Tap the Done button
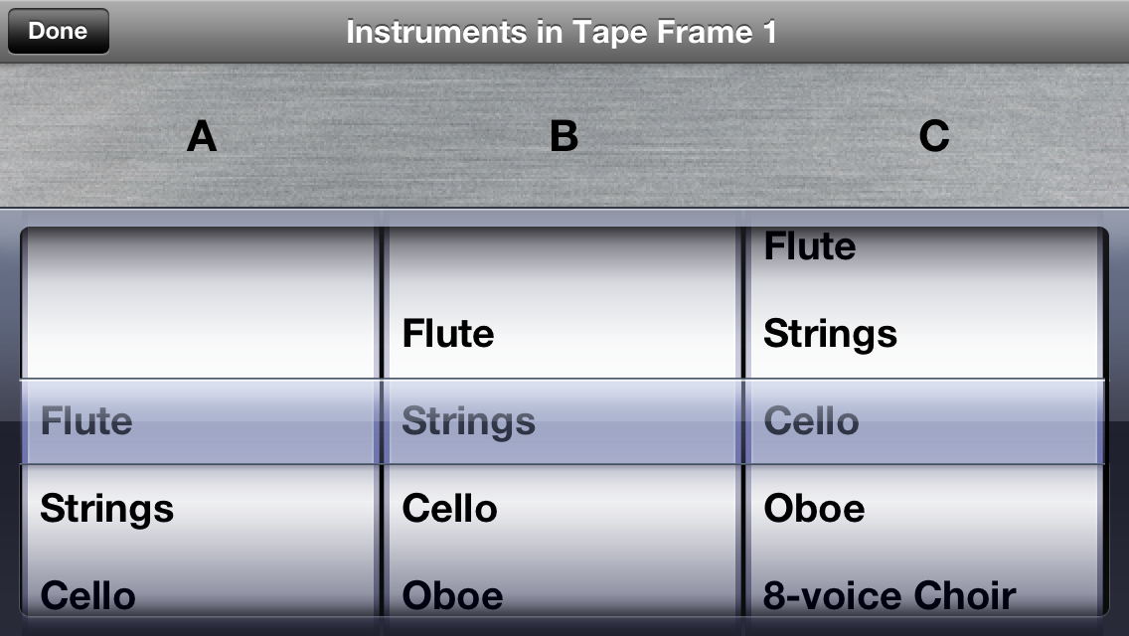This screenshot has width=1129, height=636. pyautogui.click(x=59, y=31)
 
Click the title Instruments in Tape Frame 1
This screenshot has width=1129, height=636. pyautogui.click(x=561, y=33)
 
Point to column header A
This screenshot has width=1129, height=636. pyautogui.click(x=202, y=136)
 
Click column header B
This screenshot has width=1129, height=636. pyautogui.click(x=564, y=136)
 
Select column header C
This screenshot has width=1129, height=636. pyautogui.click(x=934, y=136)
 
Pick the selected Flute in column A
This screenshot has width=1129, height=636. pyautogui.click(x=86, y=420)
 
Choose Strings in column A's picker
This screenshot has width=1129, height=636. pyautogui.click(x=106, y=509)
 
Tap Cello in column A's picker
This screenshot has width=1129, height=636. pyautogui.click(x=87, y=596)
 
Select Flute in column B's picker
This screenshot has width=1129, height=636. pyautogui.click(x=448, y=334)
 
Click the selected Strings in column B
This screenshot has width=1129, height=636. pyautogui.click(x=469, y=422)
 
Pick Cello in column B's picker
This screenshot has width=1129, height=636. pyautogui.click(x=449, y=509)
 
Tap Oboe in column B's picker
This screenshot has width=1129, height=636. pyautogui.click(x=452, y=596)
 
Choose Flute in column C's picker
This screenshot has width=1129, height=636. pyautogui.click(x=809, y=246)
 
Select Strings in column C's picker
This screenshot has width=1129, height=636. pyautogui.click(x=830, y=335)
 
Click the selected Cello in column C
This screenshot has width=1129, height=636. pyautogui.click(x=811, y=420)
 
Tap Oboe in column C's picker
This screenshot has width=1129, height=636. pyautogui.click(x=814, y=509)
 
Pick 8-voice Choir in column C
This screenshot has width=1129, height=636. pyautogui.click(x=889, y=596)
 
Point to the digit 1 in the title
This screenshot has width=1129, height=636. pyautogui.click(x=769, y=33)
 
